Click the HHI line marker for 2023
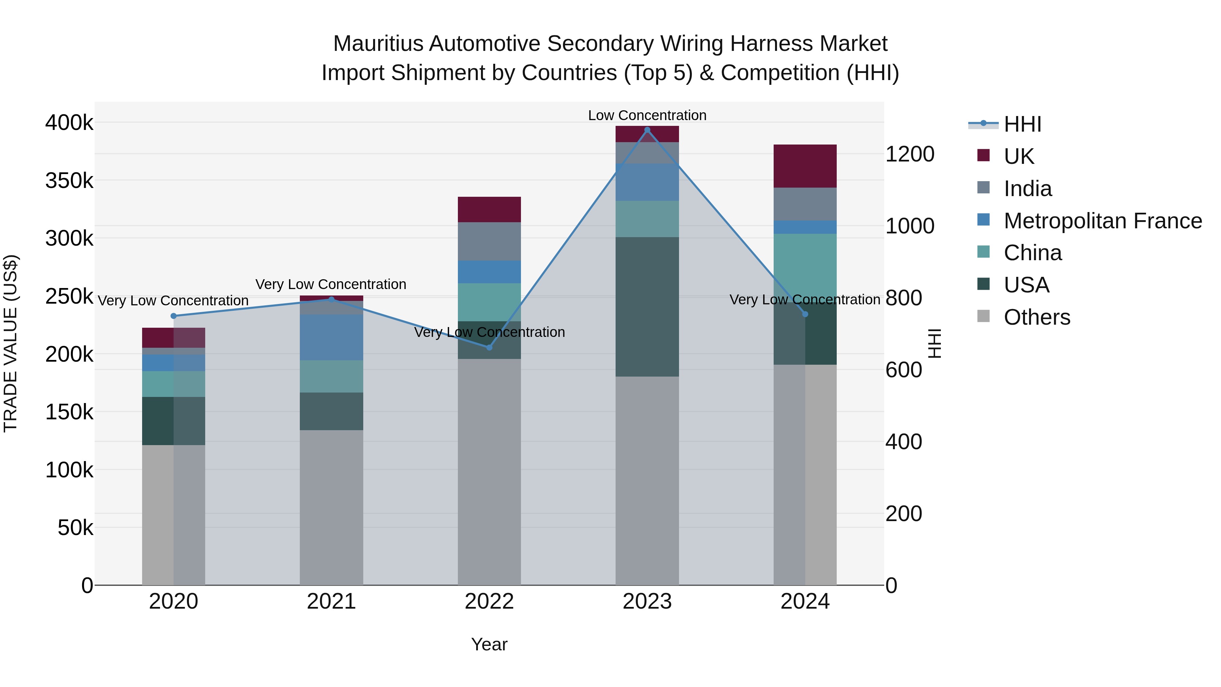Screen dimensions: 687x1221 pos(647,130)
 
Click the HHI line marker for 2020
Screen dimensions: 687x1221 pos(173,316)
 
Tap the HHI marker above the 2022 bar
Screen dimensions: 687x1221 pos(489,347)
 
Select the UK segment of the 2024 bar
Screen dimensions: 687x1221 pos(805,166)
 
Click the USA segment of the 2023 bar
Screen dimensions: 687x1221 pos(647,307)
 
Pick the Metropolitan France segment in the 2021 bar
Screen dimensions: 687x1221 pos(331,337)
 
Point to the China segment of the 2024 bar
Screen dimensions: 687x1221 pos(805,266)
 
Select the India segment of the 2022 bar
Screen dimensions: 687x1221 pos(489,241)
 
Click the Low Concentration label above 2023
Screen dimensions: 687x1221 pos(647,115)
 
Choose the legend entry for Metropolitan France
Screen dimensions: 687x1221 pos(1103,221)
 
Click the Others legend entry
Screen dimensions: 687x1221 pos(1036,317)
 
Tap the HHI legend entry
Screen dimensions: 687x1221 pos(1022,124)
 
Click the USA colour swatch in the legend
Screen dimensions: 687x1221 pos(984,285)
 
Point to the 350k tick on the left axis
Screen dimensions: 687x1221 pos(69,180)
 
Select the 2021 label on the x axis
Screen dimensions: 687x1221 pos(331,602)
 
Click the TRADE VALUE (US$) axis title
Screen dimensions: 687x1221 pos(11,343)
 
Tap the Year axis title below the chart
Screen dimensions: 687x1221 pos(489,644)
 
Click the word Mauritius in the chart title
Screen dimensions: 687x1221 pos(378,44)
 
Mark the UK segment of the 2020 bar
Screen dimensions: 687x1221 pos(173,338)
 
